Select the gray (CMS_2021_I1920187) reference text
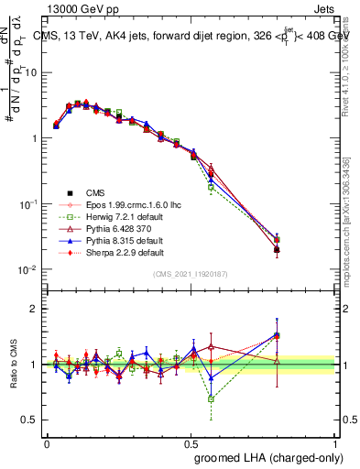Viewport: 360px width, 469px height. [191, 274]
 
